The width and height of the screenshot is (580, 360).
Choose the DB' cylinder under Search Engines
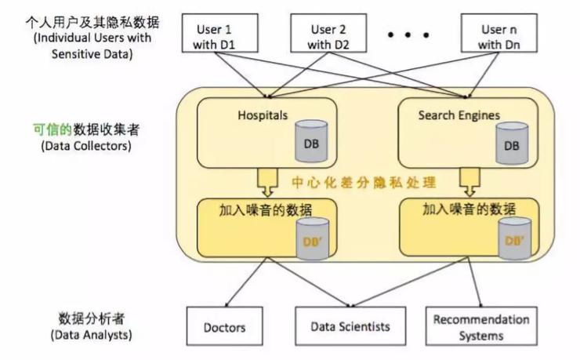coord(509,239)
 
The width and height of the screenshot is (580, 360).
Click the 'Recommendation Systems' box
coord(481,327)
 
